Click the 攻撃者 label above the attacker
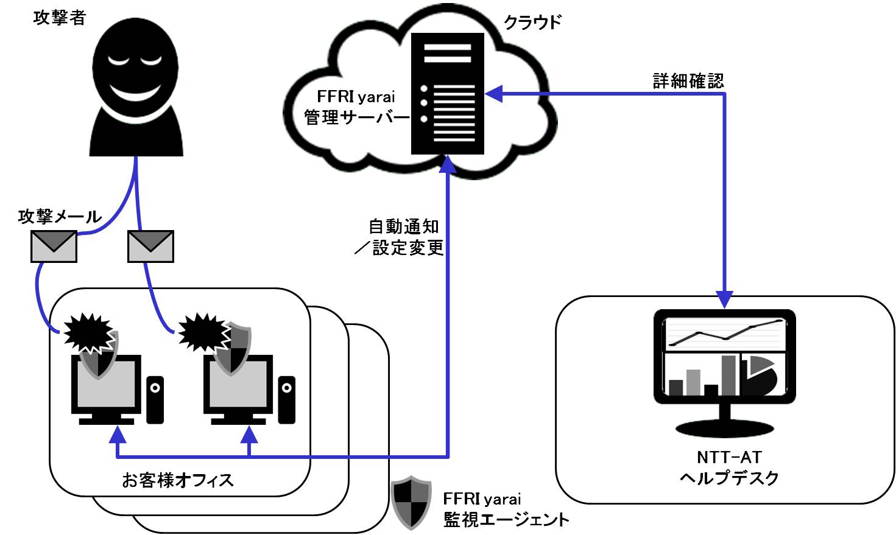coord(59,18)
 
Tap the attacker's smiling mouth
coord(136,93)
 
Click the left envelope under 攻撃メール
coord(54,247)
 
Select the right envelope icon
coord(150,247)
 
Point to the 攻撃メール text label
coord(60,216)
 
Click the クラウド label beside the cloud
coord(532,23)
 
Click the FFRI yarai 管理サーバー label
coord(356,107)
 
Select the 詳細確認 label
coord(688,81)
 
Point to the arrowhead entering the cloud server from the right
coord(492,94)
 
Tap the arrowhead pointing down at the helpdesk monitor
coord(725,300)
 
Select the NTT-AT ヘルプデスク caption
coord(729,467)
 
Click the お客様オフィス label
coord(178,480)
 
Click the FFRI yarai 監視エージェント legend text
coord(506,509)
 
